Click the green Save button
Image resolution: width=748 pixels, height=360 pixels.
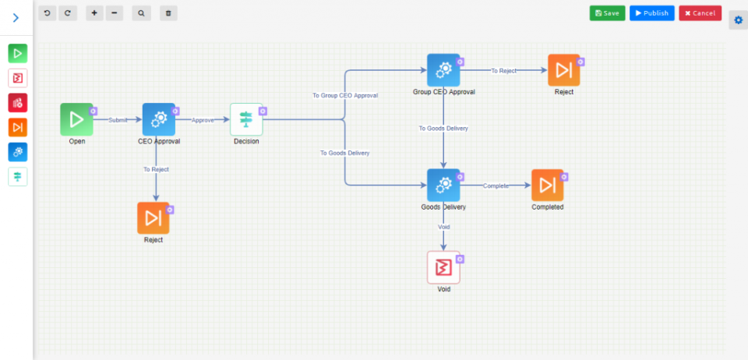click(607, 13)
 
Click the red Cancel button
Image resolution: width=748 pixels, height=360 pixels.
click(700, 13)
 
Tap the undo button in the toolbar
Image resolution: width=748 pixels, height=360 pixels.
click(48, 13)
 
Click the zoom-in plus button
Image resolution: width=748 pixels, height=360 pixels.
click(93, 13)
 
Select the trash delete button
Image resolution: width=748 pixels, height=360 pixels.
click(168, 13)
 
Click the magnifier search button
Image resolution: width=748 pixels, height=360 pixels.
click(141, 13)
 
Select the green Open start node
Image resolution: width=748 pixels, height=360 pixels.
click(76, 119)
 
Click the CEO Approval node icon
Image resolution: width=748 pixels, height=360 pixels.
click(159, 119)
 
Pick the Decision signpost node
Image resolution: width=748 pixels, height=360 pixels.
click(246, 119)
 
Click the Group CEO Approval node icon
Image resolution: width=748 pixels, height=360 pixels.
click(443, 70)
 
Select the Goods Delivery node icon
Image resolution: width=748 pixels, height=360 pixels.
click(443, 185)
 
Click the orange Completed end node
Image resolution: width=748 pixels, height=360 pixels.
click(547, 185)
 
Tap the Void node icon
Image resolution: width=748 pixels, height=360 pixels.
click(443, 267)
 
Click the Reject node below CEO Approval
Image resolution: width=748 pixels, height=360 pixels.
click(153, 218)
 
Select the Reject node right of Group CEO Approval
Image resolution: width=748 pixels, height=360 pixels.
click(563, 70)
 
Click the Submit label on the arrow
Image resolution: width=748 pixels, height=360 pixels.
click(118, 120)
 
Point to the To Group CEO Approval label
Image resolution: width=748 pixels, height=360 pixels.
click(345, 95)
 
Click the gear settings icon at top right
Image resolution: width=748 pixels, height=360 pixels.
click(739, 19)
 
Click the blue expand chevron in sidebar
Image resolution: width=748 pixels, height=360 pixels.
click(16, 17)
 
